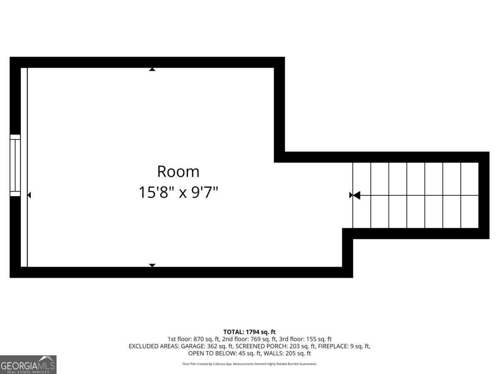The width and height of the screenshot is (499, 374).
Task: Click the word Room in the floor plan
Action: pos(178,172)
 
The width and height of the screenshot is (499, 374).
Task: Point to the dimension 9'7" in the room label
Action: pos(205,192)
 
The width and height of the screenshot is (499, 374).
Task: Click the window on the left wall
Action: pos(15,165)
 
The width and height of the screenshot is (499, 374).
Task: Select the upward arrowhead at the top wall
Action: pos(152,69)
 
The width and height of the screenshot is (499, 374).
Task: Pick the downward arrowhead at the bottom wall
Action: pos(152,265)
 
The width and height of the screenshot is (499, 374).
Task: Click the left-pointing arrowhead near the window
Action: pos(29,195)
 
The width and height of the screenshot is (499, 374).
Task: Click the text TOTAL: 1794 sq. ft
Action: pos(249,332)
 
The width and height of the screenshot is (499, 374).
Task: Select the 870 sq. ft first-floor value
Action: pos(206,339)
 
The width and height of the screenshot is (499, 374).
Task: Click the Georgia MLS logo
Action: pos(28,365)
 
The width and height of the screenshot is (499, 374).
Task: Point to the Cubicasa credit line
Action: pos(249,364)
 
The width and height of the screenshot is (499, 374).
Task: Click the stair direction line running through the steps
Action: pos(420,195)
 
